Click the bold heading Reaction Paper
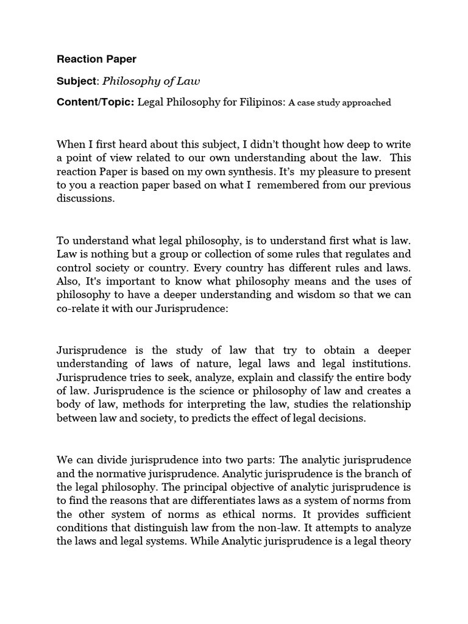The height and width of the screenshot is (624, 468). [96, 59]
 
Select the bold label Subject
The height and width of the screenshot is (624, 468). [76, 81]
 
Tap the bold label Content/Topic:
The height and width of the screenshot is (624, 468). [95, 103]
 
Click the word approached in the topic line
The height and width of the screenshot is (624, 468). [363, 103]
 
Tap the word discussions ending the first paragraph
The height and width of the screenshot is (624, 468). [85, 199]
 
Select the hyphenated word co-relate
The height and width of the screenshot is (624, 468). [81, 308]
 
